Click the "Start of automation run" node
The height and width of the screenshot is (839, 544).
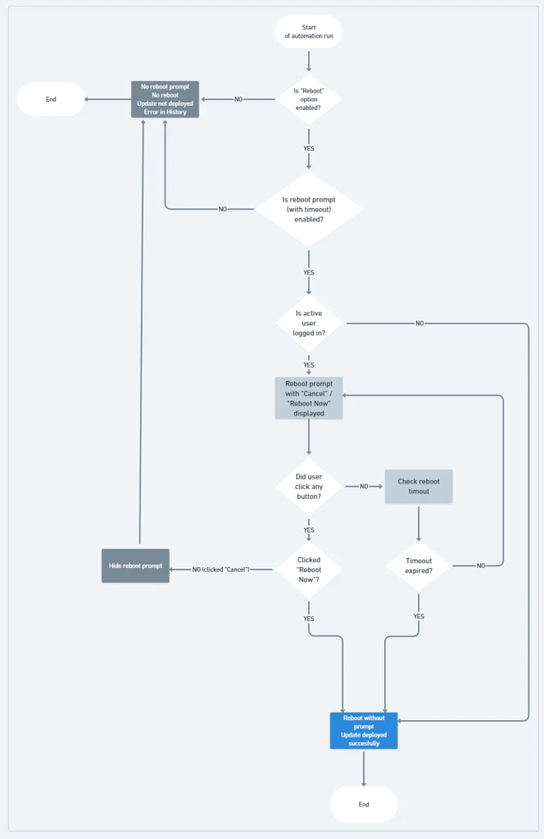tap(309, 32)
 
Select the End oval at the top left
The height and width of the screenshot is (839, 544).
tap(51, 99)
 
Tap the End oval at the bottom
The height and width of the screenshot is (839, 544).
tap(364, 804)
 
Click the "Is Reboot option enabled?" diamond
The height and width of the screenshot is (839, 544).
tap(308, 99)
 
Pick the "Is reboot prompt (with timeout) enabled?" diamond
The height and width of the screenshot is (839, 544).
tap(308, 209)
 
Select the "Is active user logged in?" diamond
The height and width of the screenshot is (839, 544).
tap(308, 323)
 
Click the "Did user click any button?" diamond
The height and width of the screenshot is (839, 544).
tap(308, 486)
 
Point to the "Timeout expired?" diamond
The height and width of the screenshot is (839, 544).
tap(419, 565)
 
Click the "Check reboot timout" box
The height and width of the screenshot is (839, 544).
tap(419, 487)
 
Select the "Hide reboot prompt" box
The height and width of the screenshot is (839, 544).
tap(135, 565)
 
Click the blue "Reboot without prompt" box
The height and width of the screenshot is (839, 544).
tap(364, 730)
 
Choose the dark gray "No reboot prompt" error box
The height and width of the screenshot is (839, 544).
tap(165, 99)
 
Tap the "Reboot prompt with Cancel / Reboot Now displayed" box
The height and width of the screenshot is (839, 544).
tap(308, 398)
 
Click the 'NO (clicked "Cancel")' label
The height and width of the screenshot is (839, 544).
tap(220, 569)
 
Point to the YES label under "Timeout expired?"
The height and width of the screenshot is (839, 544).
tap(419, 616)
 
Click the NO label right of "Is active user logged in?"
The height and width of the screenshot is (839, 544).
tap(419, 324)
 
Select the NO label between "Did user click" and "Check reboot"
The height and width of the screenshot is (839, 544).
tap(364, 487)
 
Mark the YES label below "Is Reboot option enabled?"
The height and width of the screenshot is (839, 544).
tap(309, 148)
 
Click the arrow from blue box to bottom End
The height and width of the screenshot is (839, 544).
tap(364, 767)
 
